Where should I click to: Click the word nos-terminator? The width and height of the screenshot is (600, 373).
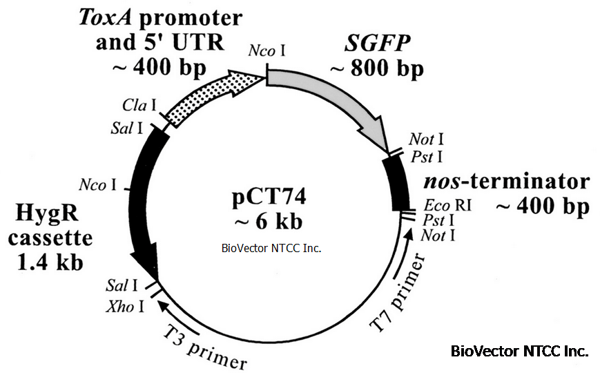click(x=507, y=182)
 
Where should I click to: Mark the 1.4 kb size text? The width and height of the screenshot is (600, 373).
click(x=52, y=262)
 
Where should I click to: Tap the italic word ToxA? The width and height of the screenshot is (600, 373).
click(x=103, y=16)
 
